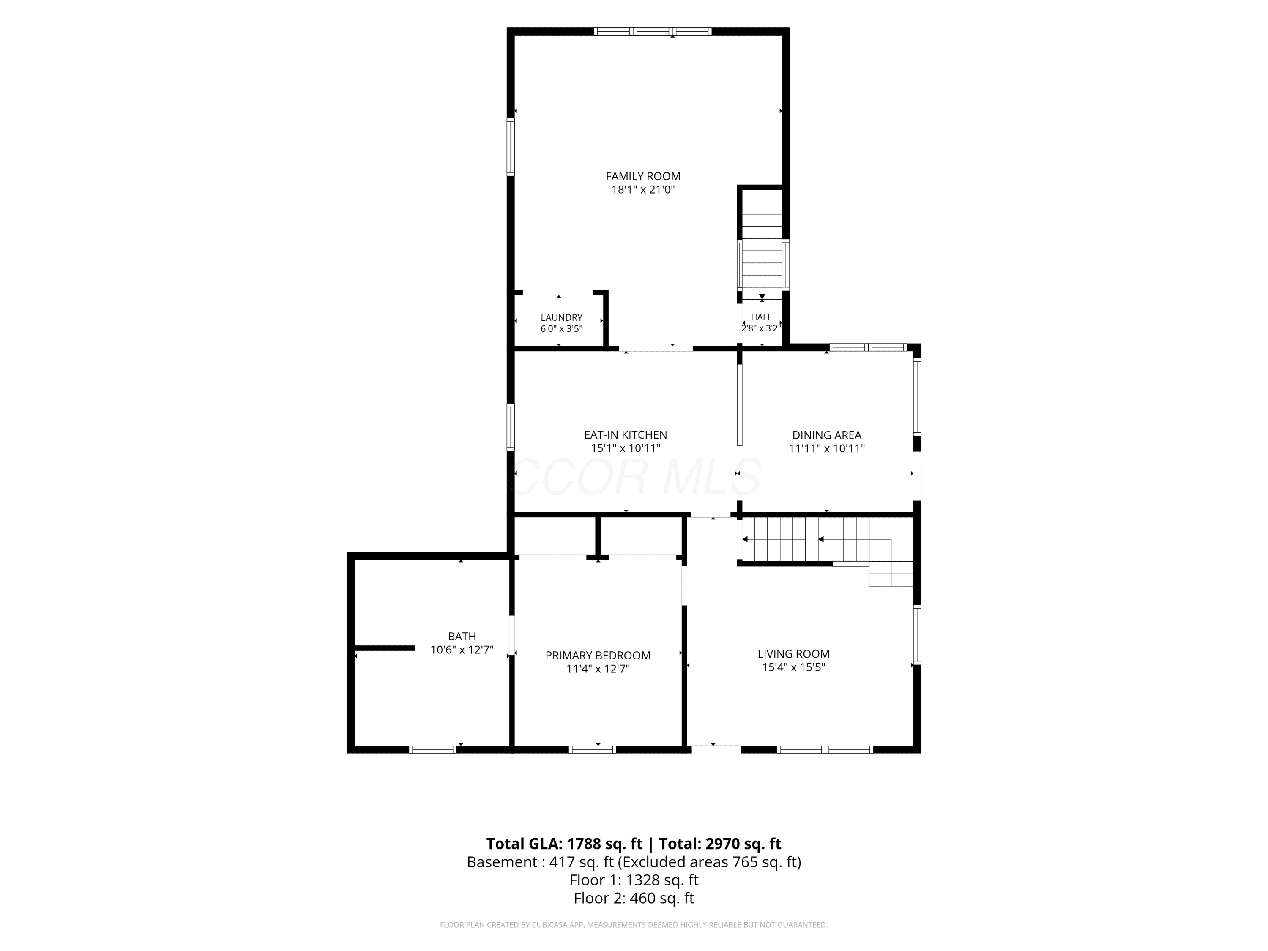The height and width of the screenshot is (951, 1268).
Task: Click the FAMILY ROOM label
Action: pyautogui.click(x=643, y=176)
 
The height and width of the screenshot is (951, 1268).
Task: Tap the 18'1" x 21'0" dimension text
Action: pyautogui.click(x=643, y=190)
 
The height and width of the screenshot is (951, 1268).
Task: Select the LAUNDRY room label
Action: pyautogui.click(x=561, y=317)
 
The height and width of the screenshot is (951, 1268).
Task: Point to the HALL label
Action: pyautogui.click(x=761, y=317)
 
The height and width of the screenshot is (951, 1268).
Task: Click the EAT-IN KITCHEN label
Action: pyautogui.click(x=626, y=435)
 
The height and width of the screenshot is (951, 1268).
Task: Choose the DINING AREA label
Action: pyautogui.click(x=827, y=435)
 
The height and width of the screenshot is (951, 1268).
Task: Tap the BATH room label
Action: pyautogui.click(x=462, y=636)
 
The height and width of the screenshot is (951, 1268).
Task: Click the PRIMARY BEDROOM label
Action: pyautogui.click(x=598, y=655)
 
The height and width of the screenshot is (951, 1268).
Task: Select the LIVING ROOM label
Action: pyautogui.click(x=793, y=653)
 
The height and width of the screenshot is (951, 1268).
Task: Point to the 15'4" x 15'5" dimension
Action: pyautogui.click(x=793, y=667)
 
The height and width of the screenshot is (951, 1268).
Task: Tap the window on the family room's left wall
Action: pyautogui.click(x=510, y=146)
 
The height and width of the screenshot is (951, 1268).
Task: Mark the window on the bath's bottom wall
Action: pyautogui.click(x=433, y=749)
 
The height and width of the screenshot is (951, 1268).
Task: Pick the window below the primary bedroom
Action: pyautogui.click(x=592, y=749)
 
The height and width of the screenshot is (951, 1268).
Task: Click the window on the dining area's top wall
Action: pyautogui.click(x=868, y=347)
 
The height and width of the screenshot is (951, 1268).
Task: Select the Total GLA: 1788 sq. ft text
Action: pyautogui.click(x=564, y=844)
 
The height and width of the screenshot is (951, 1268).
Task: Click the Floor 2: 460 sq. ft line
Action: pyautogui.click(x=634, y=898)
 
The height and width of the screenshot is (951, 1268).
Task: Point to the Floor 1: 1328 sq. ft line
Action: pyautogui.click(x=634, y=880)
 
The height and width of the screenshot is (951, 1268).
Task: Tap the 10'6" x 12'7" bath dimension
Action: pyautogui.click(x=462, y=650)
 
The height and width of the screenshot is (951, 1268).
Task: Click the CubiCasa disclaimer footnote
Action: pyautogui.click(x=634, y=925)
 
